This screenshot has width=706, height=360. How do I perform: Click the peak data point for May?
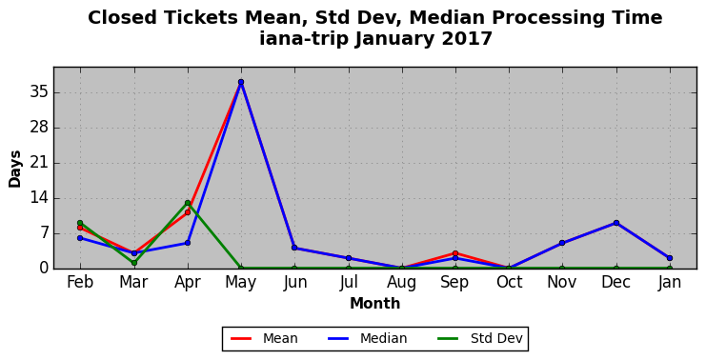pos(241,82)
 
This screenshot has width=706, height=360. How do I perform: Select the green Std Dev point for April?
pos(188,203)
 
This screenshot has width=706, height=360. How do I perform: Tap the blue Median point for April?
pos(188,243)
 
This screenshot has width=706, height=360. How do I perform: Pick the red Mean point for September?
pos(455,253)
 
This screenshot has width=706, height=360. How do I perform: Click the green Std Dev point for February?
pos(80,223)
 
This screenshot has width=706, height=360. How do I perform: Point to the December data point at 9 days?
pos(615,223)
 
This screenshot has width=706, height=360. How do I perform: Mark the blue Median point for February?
pos(80,238)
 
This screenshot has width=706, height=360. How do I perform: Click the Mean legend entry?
pos(264,338)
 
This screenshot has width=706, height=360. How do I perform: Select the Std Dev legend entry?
pos(480,338)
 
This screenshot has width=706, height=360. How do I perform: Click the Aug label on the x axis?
pos(402,283)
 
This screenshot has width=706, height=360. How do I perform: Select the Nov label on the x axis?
pos(562,282)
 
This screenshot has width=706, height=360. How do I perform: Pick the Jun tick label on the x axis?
pos(295,283)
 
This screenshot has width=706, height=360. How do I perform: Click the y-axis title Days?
pos(15,170)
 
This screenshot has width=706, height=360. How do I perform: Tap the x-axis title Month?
pos(375,303)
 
